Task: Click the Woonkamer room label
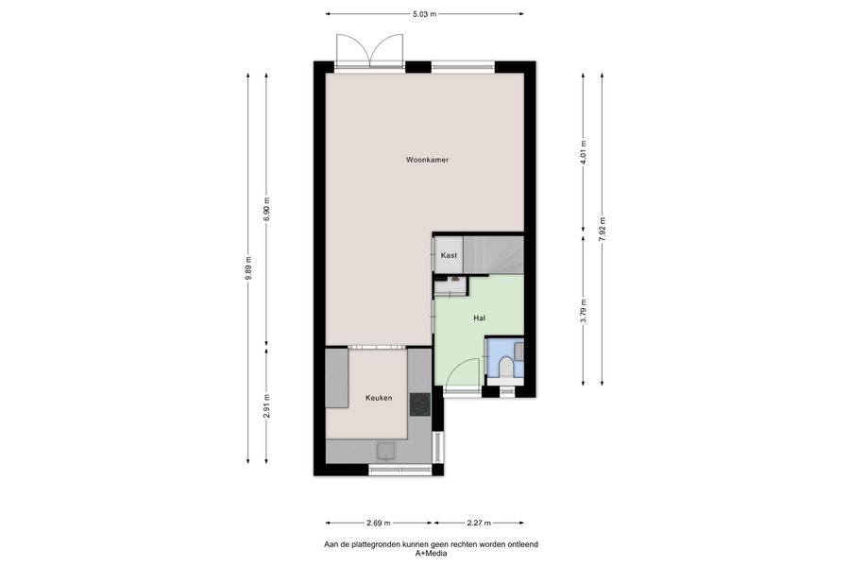[427, 160]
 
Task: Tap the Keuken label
[379, 398]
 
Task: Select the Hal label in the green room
[479, 318]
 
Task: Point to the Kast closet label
[449, 255]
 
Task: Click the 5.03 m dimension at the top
[425, 14]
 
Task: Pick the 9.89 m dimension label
[248, 268]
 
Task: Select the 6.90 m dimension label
[266, 209]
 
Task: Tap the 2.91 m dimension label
[266, 405]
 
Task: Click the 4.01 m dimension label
[584, 152]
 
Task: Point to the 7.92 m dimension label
[603, 229]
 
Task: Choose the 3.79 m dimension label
[584, 311]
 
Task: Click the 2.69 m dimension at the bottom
[378, 523]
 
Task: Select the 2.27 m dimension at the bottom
[479, 523]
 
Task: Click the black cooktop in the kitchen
[419, 404]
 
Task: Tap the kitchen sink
[386, 451]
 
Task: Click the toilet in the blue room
[506, 367]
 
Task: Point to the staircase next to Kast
[493, 254]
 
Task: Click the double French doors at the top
[369, 50]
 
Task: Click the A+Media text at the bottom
[431, 554]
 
